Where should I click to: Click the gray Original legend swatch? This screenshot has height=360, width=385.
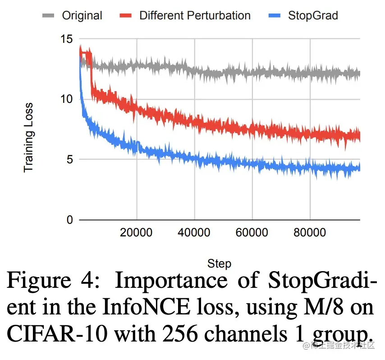(x=48, y=16)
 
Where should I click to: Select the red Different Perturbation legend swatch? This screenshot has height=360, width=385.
(x=125, y=16)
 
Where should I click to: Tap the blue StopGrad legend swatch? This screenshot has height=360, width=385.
(x=274, y=16)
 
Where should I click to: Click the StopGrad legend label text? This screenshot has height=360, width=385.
(x=313, y=16)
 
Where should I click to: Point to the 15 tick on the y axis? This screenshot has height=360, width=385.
(x=66, y=39)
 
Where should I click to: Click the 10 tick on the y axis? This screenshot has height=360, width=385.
(x=66, y=99)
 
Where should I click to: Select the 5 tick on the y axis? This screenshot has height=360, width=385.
(x=69, y=159)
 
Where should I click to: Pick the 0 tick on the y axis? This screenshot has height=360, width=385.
(x=69, y=220)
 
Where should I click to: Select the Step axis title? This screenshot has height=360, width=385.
(x=219, y=263)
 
